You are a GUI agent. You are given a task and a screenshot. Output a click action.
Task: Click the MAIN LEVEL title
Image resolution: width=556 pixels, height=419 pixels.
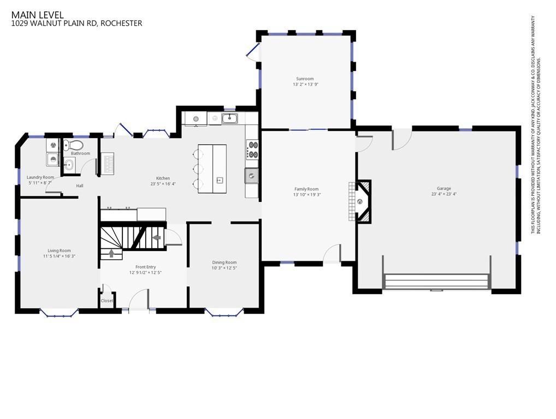[37, 15]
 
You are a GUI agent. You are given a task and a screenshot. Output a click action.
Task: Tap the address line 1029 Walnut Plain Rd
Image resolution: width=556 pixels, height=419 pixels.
[76, 23]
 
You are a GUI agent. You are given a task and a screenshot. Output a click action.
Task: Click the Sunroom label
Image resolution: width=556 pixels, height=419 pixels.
[305, 79]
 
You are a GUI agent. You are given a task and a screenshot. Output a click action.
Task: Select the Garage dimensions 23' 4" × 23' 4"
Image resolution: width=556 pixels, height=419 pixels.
[443, 194]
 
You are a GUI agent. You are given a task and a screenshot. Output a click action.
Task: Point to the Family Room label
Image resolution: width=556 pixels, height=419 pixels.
[306, 189]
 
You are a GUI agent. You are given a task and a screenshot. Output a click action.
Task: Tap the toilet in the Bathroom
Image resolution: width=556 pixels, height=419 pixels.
[73, 145]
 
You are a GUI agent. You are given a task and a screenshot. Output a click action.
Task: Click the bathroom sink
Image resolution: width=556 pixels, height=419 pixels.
[69, 164]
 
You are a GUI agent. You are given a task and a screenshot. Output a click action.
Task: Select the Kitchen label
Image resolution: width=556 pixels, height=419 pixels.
[163, 178]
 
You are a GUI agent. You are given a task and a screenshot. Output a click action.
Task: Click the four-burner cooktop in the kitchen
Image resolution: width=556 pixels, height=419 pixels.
[252, 149]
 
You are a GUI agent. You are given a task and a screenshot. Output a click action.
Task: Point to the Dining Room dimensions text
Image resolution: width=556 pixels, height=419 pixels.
[224, 268]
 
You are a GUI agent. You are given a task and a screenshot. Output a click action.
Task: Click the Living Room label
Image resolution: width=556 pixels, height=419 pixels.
[59, 250]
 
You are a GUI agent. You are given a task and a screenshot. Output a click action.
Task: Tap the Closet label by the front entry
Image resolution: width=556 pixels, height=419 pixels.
[107, 301]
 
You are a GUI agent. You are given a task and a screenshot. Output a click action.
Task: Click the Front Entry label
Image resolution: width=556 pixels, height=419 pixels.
[145, 267]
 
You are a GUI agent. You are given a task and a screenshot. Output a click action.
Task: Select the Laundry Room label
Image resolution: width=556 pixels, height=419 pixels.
[40, 177]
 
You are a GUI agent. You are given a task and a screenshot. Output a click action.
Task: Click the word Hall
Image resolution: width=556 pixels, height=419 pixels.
[79, 185]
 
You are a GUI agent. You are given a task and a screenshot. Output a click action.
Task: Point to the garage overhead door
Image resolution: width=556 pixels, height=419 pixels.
[437, 281]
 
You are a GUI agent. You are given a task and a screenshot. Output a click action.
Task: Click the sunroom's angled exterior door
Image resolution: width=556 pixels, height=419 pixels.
[253, 51]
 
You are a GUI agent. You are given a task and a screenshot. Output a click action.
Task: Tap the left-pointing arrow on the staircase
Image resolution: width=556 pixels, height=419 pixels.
[156, 238]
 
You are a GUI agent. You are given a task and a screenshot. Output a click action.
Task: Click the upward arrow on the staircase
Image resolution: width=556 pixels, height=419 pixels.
[111, 253]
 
